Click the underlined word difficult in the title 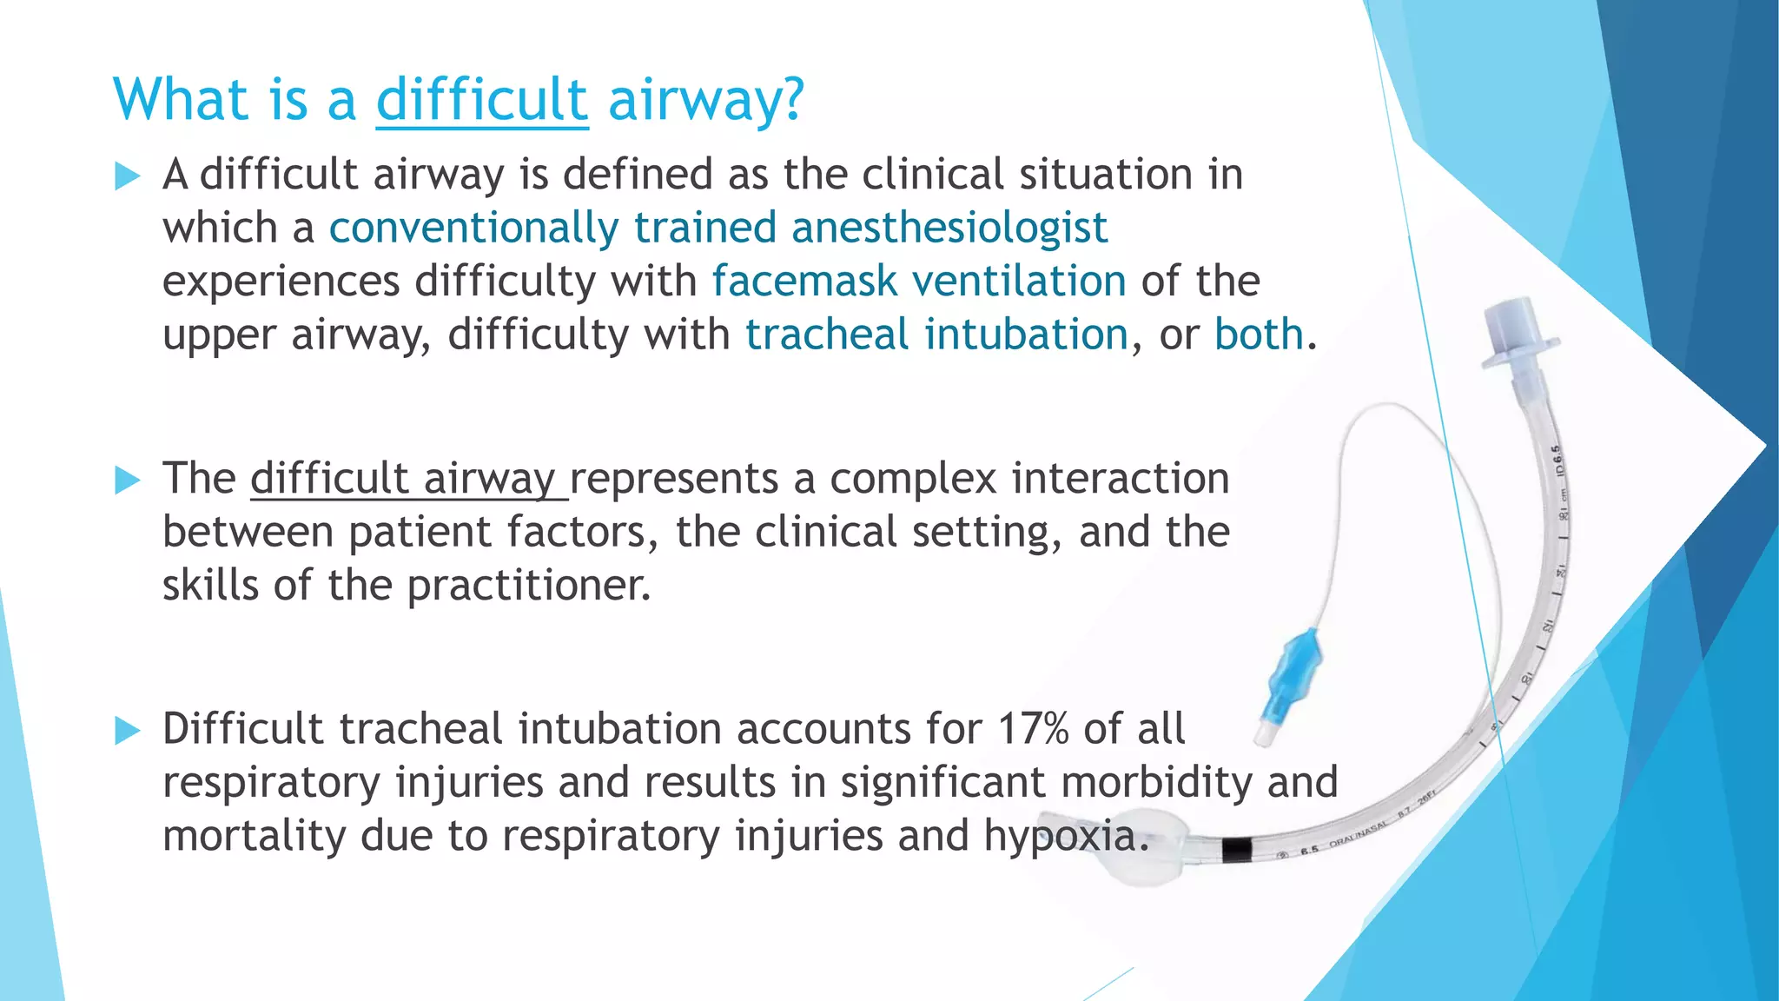coord(482,100)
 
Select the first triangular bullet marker coord(127,176)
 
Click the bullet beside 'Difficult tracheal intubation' coord(127,731)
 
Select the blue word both coord(1259,335)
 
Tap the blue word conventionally coord(473,229)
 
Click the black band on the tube coord(1236,849)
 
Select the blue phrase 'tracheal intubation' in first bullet coord(936,335)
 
